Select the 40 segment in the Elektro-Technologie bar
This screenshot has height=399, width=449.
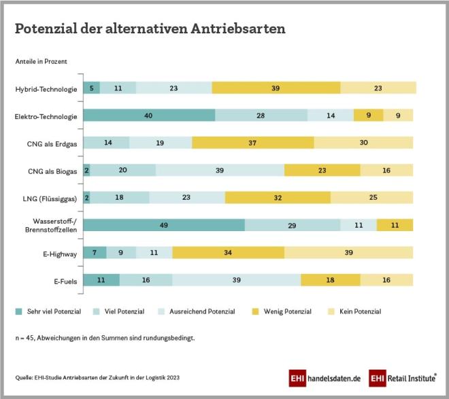pyautogui.click(x=149, y=116)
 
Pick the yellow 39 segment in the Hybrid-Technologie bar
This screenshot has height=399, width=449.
pyautogui.click(x=276, y=88)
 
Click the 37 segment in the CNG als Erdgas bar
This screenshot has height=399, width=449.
pyautogui.click(x=253, y=143)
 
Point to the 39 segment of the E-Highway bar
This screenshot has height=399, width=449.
pyautogui.click(x=348, y=251)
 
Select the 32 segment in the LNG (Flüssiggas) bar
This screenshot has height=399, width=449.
pyautogui.click(x=278, y=197)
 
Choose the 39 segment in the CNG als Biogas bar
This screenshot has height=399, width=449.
pyautogui.click(x=220, y=170)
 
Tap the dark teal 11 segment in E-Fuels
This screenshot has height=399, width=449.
pyautogui.click(x=101, y=279)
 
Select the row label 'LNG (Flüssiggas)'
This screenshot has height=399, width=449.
pyautogui.click(x=50, y=197)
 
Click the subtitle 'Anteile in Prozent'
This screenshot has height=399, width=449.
pyautogui.click(x=41, y=62)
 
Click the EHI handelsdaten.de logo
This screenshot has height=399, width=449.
pyautogui.click(x=325, y=377)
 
